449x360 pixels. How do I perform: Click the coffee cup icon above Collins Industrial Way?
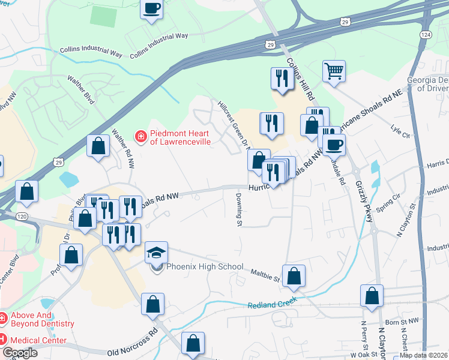coord(151,9)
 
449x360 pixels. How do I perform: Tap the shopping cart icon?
coord(334,71)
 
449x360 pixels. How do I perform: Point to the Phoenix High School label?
coord(205,266)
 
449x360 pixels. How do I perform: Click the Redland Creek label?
coord(273,305)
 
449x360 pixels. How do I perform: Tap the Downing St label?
coord(238,213)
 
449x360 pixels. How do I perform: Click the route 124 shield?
coord(426,35)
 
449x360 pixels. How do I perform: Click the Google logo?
coord(19,353)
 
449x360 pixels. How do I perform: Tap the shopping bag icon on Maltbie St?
coord(294,276)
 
